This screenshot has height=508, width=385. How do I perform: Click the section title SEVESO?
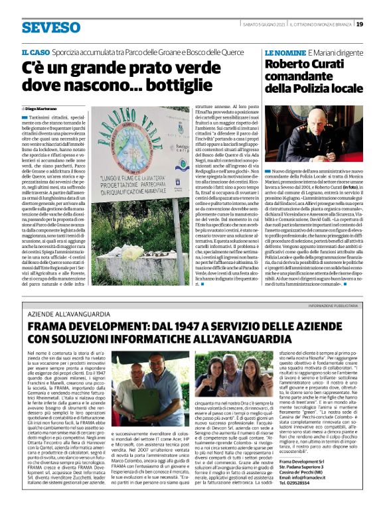(x=50, y=27)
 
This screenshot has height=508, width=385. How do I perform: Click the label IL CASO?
(x=35, y=52)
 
